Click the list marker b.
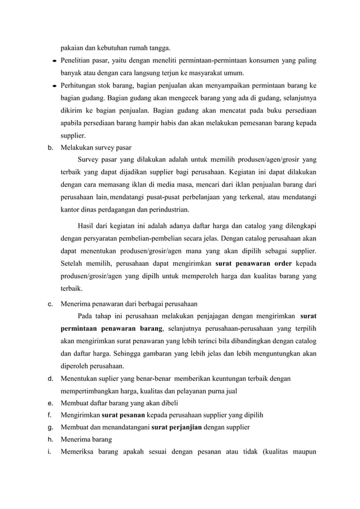[x=50, y=148]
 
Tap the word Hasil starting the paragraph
[x=87, y=226]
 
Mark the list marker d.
[x=50, y=378]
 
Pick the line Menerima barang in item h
[x=87, y=440]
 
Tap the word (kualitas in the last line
[x=273, y=452]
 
